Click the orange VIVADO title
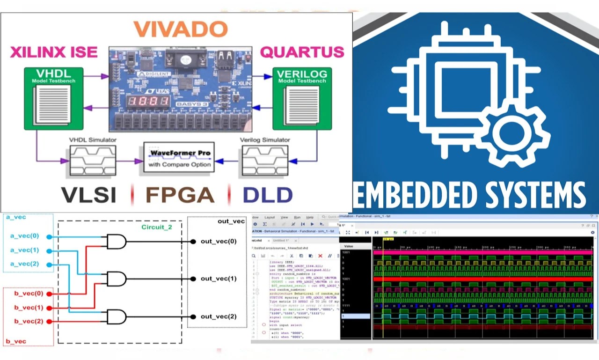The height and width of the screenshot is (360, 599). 180,29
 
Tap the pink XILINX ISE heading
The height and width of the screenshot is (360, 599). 54,51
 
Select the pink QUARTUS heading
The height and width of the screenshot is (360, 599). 302,51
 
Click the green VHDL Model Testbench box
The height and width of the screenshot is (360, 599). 53,98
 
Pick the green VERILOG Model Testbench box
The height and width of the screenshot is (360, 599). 302,98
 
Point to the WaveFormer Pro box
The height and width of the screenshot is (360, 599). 179,158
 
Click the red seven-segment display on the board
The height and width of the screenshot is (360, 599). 148,101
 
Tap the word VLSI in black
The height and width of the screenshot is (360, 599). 89,195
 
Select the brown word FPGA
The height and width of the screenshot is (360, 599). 180,195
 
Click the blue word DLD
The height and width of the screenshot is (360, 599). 267,195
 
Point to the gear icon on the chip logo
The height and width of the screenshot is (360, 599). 509,133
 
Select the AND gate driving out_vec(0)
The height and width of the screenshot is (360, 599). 116,242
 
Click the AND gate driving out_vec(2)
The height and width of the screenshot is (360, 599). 116,317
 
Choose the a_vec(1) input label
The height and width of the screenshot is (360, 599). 24,250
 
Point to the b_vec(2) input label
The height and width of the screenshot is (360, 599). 29,321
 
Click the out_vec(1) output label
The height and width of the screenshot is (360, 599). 219,279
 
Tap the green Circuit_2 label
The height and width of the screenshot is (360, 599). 157,227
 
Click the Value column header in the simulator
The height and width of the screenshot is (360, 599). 349,246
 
